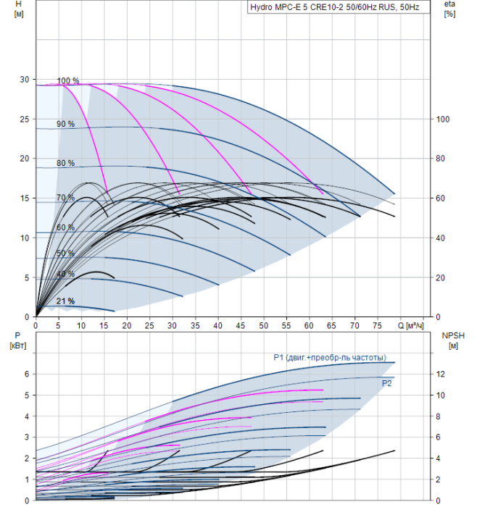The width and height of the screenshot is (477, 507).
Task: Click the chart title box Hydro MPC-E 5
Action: pos(339,7)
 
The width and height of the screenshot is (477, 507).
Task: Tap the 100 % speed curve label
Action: pos(68,81)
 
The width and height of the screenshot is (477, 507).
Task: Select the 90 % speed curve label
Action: pos(66,124)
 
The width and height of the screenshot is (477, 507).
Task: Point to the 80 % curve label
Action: pos(66,163)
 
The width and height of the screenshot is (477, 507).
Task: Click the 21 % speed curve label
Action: pos(66,301)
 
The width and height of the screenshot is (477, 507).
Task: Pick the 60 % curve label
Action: pos(66,227)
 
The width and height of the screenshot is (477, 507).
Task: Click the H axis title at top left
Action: pos(19,9)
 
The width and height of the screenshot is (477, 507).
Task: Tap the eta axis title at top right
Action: pos(449,9)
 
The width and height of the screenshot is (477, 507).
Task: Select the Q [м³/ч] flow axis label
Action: pos(410,325)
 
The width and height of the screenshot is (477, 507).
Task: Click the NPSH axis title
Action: pos(453,341)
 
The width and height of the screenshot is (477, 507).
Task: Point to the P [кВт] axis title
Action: pos(18,341)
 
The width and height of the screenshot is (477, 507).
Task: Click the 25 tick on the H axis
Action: pos(25,120)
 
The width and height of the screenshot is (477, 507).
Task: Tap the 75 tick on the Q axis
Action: pos(378,326)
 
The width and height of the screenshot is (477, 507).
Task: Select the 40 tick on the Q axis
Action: pos(217,326)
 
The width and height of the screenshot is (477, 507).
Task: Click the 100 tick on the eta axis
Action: pos(443,120)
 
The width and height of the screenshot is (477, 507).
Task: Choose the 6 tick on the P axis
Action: pos(27,374)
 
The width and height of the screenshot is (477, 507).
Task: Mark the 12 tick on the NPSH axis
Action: pos(441,374)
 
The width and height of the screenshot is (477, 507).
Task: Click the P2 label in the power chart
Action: pos(386,383)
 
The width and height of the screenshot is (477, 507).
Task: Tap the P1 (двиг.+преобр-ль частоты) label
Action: pos(330,358)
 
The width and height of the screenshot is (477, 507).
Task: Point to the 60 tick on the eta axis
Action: pos(441,198)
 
